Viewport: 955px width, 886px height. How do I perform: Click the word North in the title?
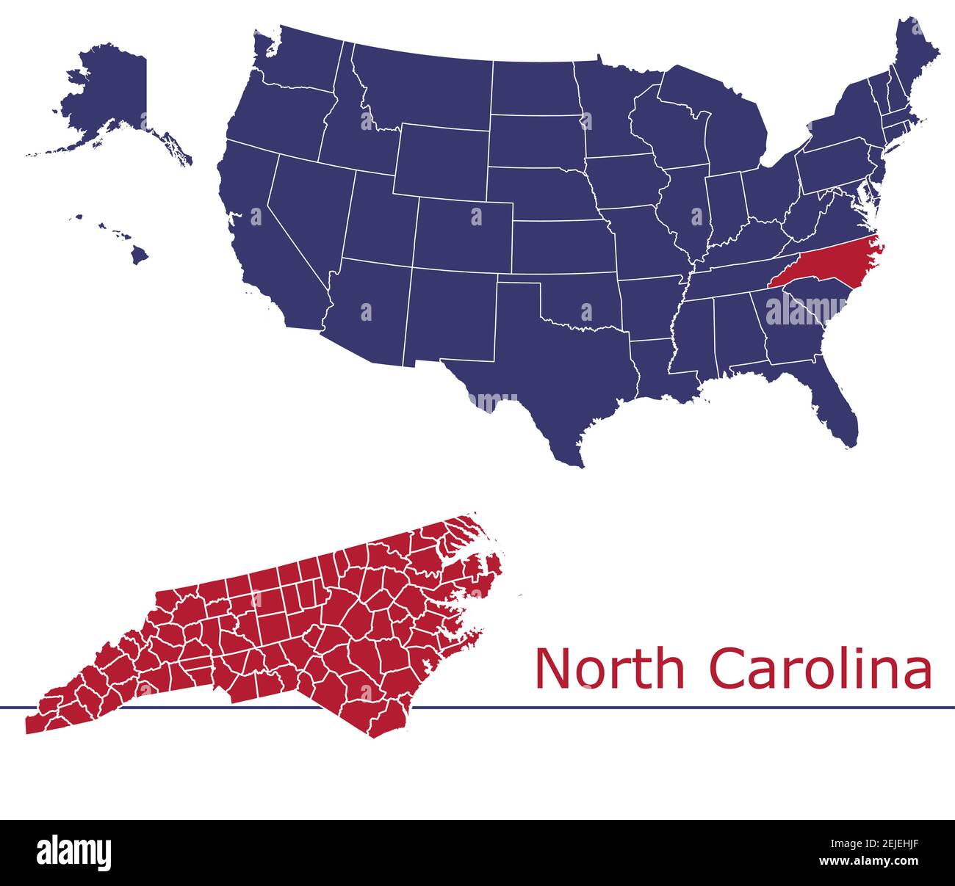[x=609, y=668]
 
